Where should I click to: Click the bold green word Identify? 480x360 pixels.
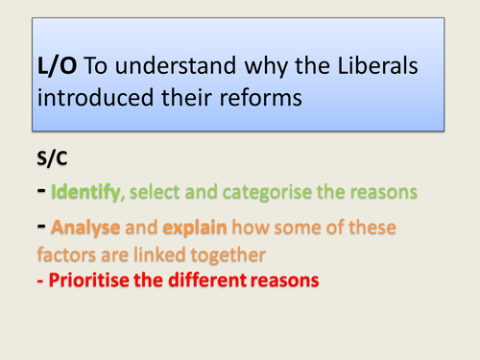point(87,192)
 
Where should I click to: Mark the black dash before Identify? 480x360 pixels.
point(41,191)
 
